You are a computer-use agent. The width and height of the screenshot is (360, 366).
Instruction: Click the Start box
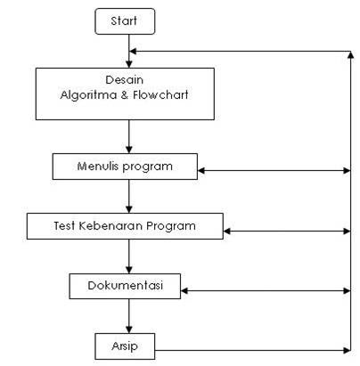(125, 20)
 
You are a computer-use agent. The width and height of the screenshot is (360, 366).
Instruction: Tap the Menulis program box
(124, 167)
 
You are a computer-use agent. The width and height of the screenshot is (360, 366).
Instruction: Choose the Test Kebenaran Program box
(124, 226)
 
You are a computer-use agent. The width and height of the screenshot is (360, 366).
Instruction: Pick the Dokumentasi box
(124, 285)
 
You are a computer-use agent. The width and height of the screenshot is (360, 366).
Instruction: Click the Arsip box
(124, 345)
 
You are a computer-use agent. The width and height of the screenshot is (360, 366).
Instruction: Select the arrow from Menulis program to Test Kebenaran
(130, 196)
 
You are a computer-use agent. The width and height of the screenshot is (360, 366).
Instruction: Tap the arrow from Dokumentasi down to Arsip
(130, 315)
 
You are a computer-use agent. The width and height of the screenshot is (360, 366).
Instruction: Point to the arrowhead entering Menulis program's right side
(201, 169)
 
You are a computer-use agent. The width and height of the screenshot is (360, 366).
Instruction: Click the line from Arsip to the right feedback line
(250, 348)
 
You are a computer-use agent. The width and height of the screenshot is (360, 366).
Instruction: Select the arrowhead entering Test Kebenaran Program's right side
(227, 231)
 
